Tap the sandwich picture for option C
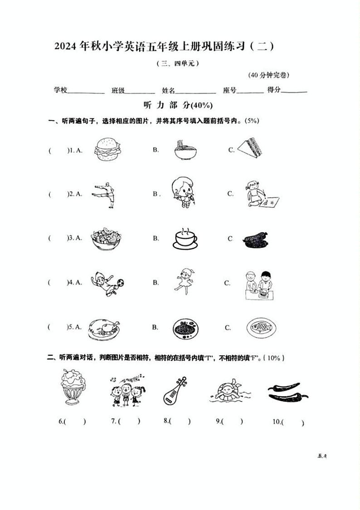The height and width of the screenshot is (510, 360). click(250, 148)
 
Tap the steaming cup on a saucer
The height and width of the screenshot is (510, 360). click(185, 238)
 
